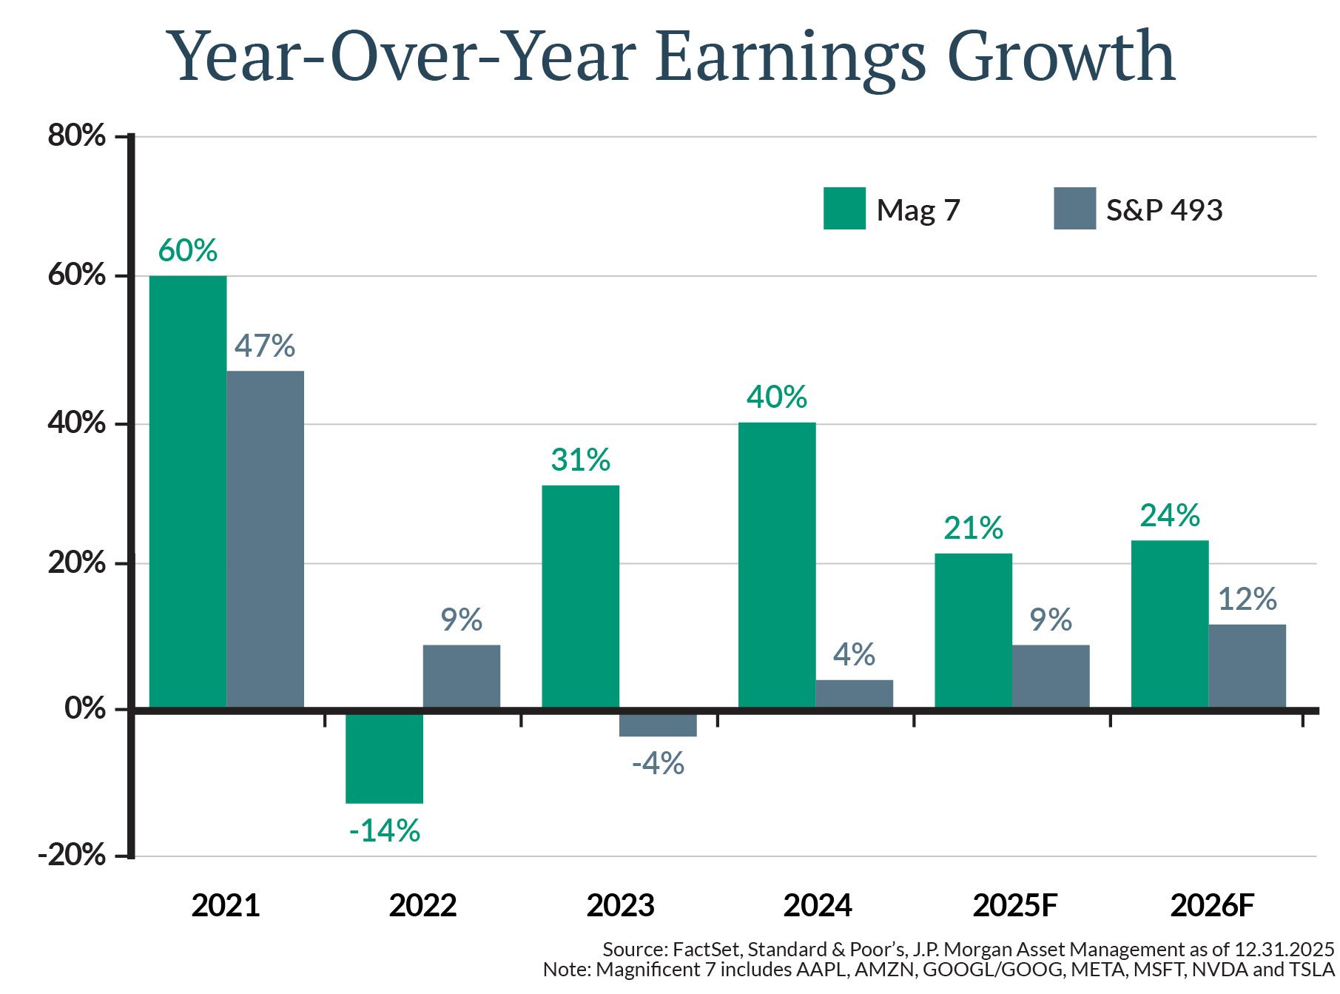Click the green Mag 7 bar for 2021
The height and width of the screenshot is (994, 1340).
click(188, 491)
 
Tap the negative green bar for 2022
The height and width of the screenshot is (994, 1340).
click(384, 756)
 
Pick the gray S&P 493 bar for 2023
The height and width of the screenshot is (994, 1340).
click(658, 724)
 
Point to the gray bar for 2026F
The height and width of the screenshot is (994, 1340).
click(1247, 666)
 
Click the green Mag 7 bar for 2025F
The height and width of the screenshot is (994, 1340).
click(973, 631)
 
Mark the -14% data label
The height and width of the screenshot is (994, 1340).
click(384, 831)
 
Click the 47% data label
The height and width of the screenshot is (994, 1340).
click(265, 346)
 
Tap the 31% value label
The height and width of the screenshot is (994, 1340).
click(580, 460)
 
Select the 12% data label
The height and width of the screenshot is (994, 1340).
click(1247, 599)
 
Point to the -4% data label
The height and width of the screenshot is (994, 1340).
click(658, 763)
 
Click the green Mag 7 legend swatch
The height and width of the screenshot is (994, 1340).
click(844, 209)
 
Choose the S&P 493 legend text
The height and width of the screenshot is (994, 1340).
click(1164, 210)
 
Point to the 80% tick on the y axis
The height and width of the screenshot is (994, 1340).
click(77, 135)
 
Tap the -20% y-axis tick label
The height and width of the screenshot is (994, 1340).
click(72, 855)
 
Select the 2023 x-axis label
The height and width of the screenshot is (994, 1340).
click(620, 905)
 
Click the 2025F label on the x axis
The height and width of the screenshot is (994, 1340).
click(1014, 905)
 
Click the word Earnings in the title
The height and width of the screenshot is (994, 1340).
click(790, 58)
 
